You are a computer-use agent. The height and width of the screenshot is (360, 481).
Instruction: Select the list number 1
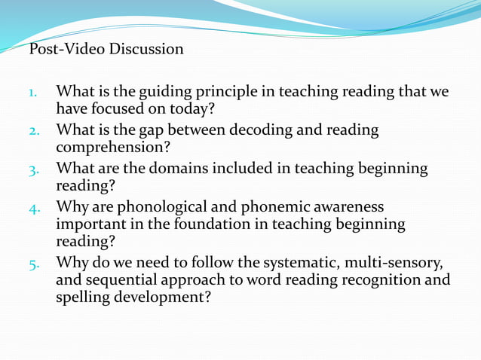(34, 93)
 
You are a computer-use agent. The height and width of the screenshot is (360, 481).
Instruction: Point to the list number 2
(34, 131)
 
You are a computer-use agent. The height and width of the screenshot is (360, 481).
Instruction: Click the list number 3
(34, 169)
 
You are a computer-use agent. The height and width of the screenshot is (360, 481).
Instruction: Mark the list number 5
(34, 264)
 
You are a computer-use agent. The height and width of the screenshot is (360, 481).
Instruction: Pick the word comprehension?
(113, 148)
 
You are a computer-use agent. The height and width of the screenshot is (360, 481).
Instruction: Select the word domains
(182, 168)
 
